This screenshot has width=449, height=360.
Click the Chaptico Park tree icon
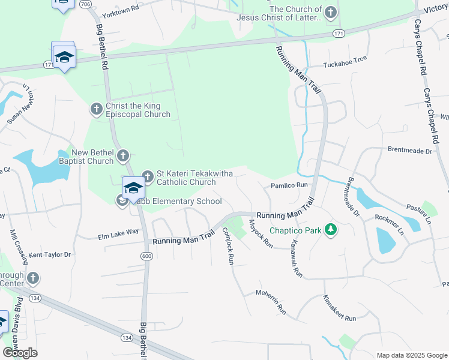point(330,230)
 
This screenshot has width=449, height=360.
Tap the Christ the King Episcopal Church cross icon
point(96,109)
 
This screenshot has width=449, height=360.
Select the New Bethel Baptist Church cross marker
point(122,156)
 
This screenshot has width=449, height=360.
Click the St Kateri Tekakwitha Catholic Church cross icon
point(148,177)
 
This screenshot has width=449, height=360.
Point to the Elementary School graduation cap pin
point(133,188)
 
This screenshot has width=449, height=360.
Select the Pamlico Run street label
point(289,186)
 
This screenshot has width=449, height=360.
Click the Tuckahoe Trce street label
point(345,65)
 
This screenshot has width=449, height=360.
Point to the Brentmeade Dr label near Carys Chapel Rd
point(410,151)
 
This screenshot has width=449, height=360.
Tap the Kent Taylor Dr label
point(50,255)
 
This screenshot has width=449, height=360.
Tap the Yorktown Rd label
point(121,10)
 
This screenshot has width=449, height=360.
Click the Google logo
point(20,353)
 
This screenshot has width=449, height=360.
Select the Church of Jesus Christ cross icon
point(330,12)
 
